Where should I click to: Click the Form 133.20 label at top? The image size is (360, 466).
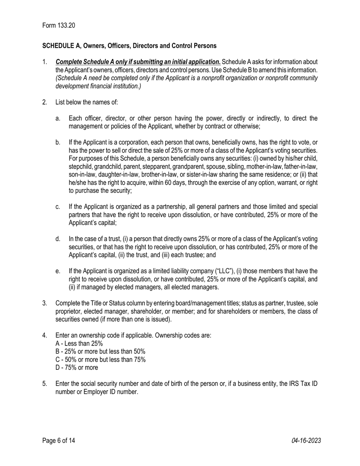(59, 25)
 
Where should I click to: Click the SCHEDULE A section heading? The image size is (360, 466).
(129, 46)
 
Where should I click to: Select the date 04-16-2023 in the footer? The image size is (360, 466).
(306, 440)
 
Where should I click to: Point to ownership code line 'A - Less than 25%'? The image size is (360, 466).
(79, 344)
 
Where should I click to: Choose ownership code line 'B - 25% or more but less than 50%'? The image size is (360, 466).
(100, 352)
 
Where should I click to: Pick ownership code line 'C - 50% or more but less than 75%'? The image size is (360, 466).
(100, 360)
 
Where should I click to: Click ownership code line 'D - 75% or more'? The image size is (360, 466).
(77, 367)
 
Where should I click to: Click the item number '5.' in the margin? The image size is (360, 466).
(45, 383)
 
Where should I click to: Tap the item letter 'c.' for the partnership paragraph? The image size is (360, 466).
(58, 207)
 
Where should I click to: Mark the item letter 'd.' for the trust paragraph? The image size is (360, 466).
(58, 239)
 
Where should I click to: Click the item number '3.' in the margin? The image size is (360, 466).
(45, 303)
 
